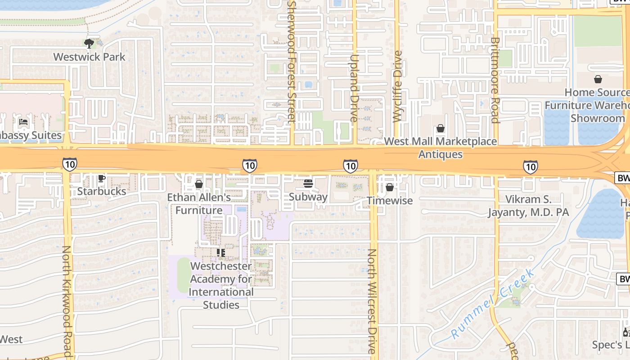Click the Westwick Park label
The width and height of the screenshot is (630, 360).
click(x=89, y=57)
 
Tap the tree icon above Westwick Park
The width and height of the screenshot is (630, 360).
click(x=89, y=44)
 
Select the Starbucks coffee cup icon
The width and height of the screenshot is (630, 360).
click(x=102, y=179)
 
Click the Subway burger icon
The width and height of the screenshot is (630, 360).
click(x=308, y=184)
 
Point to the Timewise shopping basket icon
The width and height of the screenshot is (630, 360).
click(x=390, y=187)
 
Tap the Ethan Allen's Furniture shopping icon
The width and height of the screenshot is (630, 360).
click(x=199, y=184)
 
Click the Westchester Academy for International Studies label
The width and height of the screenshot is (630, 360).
click(x=221, y=285)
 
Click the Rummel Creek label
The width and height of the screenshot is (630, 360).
click(x=493, y=304)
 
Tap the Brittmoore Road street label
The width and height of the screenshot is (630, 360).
click(x=495, y=80)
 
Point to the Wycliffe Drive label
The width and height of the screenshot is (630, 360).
click(x=397, y=86)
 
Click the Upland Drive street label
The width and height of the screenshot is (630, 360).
click(x=354, y=88)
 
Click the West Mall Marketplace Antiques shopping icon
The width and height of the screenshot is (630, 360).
click(x=441, y=129)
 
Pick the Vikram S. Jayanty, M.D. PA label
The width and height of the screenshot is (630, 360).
click(x=528, y=206)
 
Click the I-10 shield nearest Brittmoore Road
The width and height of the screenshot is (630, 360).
click(x=531, y=167)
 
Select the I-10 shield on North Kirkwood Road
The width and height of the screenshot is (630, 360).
click(x=69, y=165)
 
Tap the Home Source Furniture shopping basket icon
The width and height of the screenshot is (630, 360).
click(x=598, y=80)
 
